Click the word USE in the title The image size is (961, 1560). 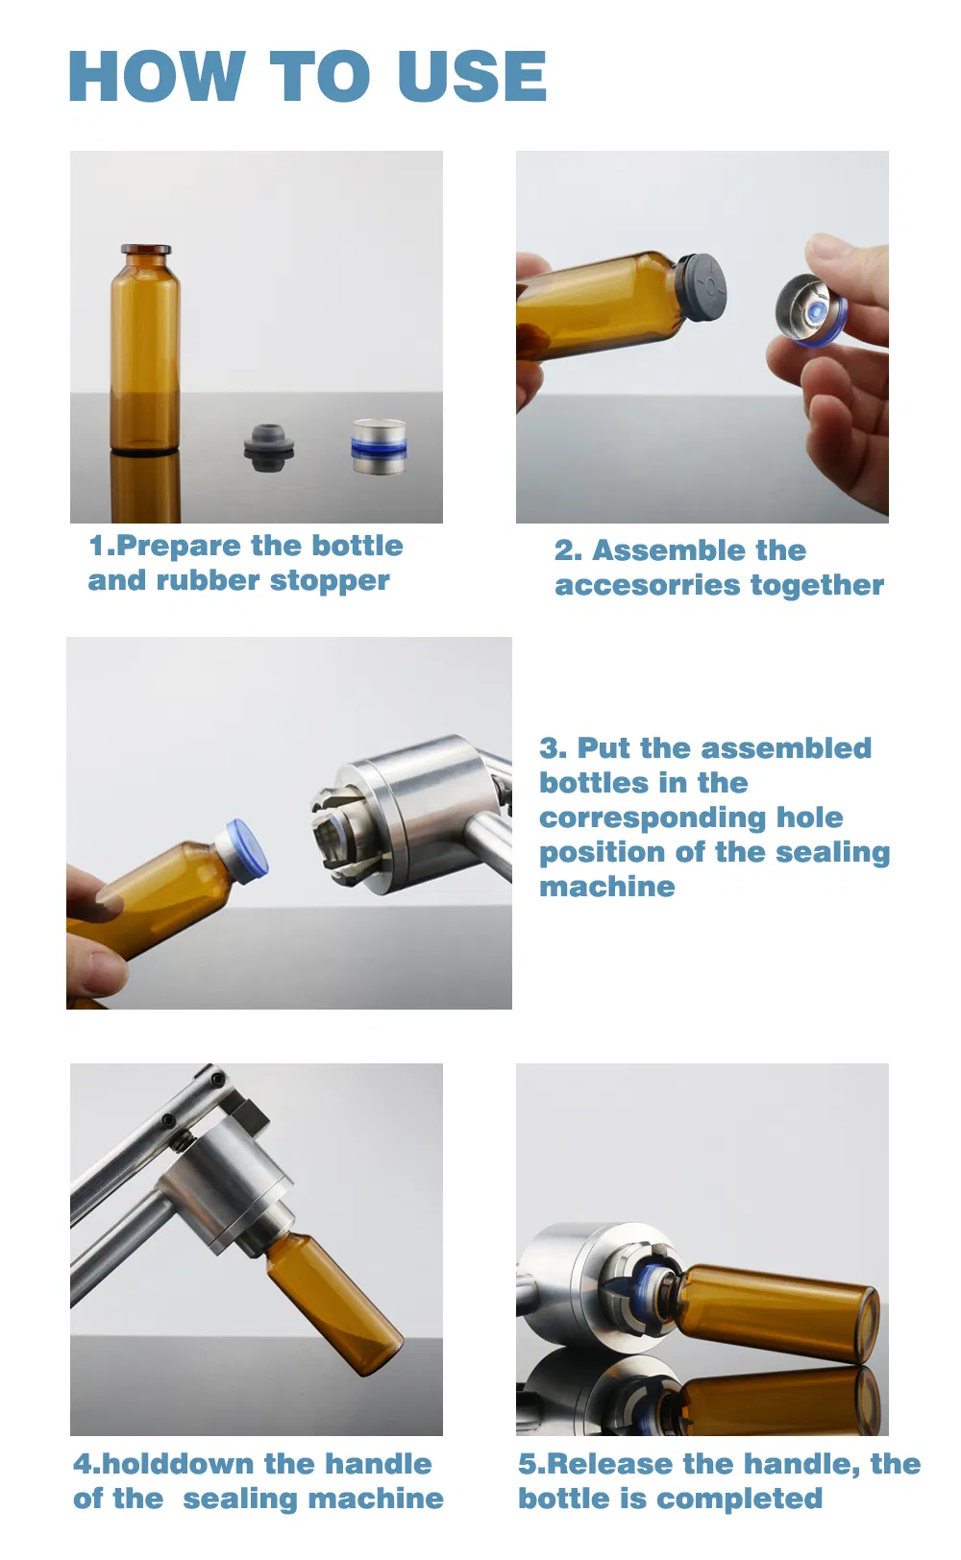pyautogui.click(x=472, y=77)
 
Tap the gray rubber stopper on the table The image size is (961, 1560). pyautogui.click(x=268, y=446)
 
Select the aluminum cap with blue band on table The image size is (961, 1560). pyautogui.click(x=379, y=447)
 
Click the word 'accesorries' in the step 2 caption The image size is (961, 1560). pyautogui.click(x=647, y=585)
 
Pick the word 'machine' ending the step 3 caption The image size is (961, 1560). pyautogui.click(x=606, y=887)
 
